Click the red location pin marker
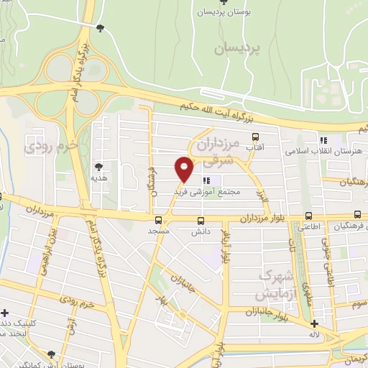point(185,168)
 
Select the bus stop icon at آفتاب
point(254,137)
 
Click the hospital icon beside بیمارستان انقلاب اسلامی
point(324,140)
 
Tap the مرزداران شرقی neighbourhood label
point(216,152)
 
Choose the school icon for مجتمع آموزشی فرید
point(208,180)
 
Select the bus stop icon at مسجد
point(158,221)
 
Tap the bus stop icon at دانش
point(200,221)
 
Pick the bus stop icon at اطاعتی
point(308,215)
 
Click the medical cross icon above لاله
point(315,323)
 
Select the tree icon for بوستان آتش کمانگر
point(51,354)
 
